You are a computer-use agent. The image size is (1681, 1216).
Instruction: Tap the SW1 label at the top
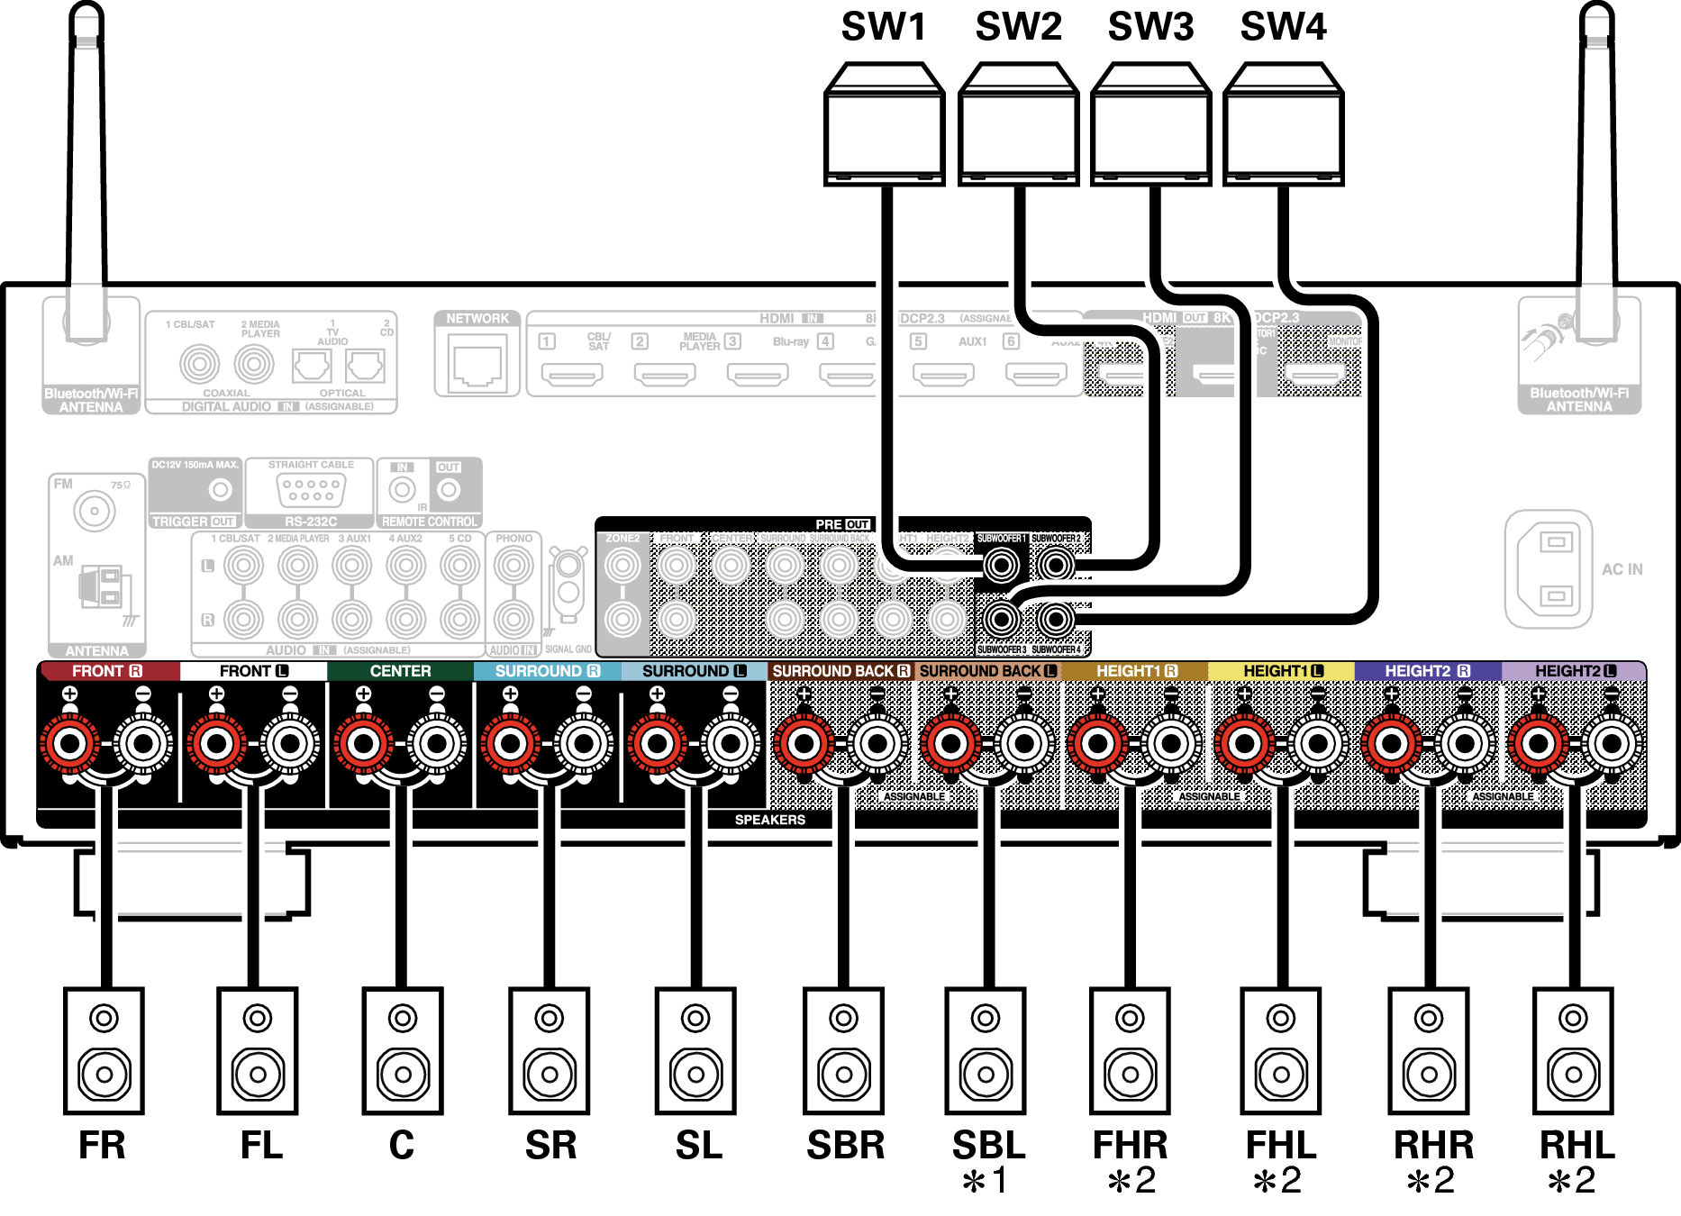[x=884, y=27]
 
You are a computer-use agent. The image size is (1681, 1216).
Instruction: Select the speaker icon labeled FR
[x=104, y=1050]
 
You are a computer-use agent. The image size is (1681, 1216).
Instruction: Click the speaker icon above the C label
[x=402, y=1050]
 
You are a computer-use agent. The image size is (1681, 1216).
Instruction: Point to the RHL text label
[x=1577, y=1145]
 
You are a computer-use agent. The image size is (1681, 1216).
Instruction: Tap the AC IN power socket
[x=1549, y=569]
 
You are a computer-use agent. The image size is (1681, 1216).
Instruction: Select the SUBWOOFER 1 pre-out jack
[x=1001, y=565]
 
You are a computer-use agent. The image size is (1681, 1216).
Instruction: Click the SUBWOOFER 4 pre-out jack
[x=1055, y=619]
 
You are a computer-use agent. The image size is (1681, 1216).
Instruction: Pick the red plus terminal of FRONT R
[x=70, y=744]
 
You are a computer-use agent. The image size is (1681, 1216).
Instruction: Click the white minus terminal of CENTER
[x=437, y=744]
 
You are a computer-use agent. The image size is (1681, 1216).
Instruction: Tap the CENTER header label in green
[x=400, y=671]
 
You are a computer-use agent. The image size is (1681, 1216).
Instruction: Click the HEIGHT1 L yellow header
[x=1281, y=671]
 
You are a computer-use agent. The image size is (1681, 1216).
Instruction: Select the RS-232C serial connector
[x=310, y=490]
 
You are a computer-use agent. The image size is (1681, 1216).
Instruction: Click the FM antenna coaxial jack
[x=94, y=512]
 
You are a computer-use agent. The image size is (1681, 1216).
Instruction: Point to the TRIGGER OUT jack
[x=220, y=490]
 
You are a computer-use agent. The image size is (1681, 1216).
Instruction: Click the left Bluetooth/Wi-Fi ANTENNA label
[x=91, y=400]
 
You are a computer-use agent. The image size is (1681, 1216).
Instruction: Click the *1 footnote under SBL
[x=986, y=1181]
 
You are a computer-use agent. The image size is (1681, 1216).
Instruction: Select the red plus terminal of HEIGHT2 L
[x=1539, y=744]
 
